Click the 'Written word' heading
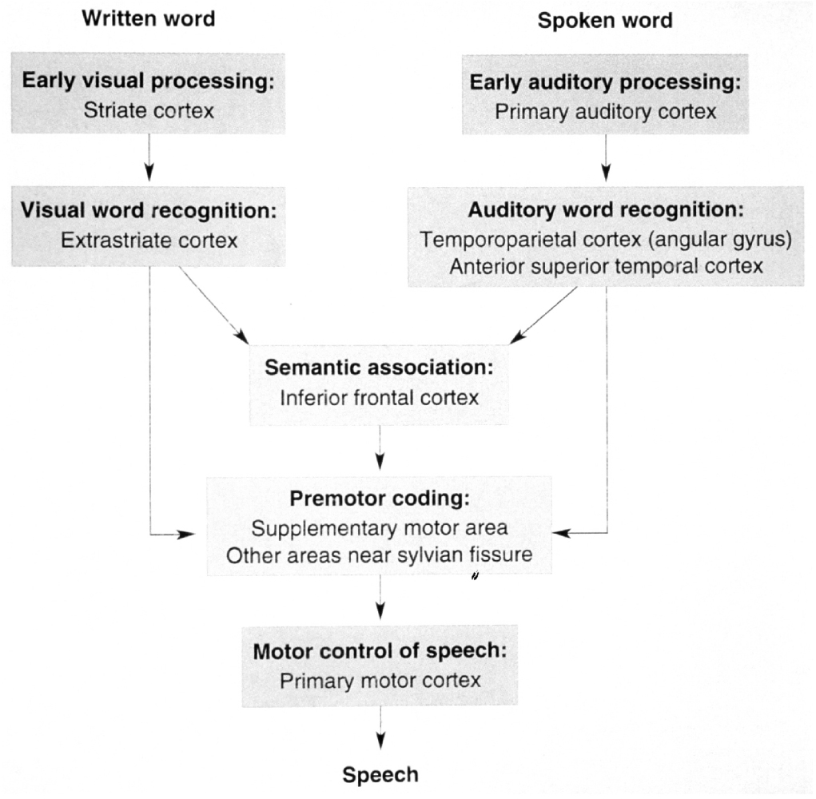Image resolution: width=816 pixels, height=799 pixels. [149, 18]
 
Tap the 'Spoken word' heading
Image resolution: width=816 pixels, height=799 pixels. [605, 21]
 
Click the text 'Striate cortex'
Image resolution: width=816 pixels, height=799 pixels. [149, 110]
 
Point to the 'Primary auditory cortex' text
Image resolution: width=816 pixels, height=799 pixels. [605, 112]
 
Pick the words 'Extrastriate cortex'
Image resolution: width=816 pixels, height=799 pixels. [149, 240]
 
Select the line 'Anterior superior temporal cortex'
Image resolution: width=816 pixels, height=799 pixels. [606, 267]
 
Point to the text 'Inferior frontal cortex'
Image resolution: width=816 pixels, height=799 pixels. [380, 397]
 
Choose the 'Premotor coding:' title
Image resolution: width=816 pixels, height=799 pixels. [380, 499]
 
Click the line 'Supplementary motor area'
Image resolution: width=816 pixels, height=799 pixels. [380, 528]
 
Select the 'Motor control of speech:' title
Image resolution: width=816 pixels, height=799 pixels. [380, 650]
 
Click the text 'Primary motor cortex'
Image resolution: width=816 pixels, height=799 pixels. [380, 680]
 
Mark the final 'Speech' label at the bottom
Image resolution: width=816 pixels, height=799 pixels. [380, 774]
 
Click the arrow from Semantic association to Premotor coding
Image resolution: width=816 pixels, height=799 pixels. [380, 447]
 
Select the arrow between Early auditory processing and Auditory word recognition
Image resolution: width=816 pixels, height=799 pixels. [606, 157]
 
